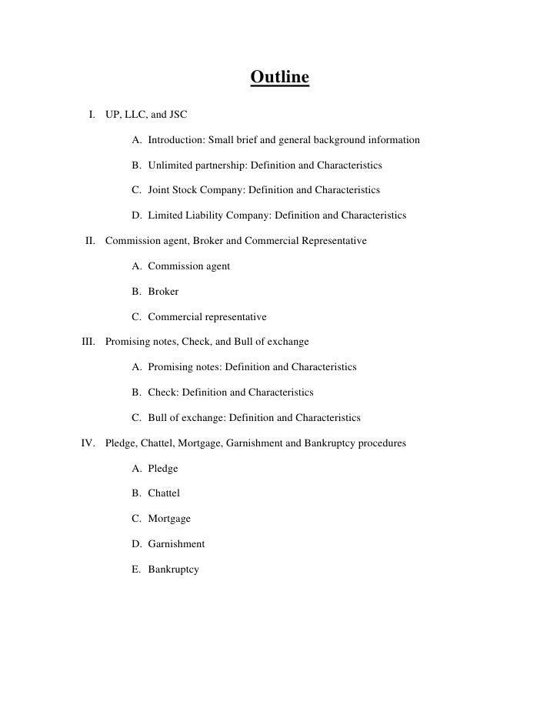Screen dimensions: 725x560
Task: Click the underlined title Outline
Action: pos(279,79)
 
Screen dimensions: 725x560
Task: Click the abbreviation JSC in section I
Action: pos(176,115)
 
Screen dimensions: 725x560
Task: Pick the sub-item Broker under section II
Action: pos(163,292)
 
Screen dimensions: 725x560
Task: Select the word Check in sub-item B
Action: pos(162,393)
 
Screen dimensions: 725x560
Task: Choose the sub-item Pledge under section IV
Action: pos(163,468)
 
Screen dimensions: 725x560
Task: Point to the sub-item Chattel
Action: pos(164,493)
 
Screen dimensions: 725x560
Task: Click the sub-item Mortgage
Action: pos(169,519)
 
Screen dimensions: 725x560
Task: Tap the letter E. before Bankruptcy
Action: pos(135,569)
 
